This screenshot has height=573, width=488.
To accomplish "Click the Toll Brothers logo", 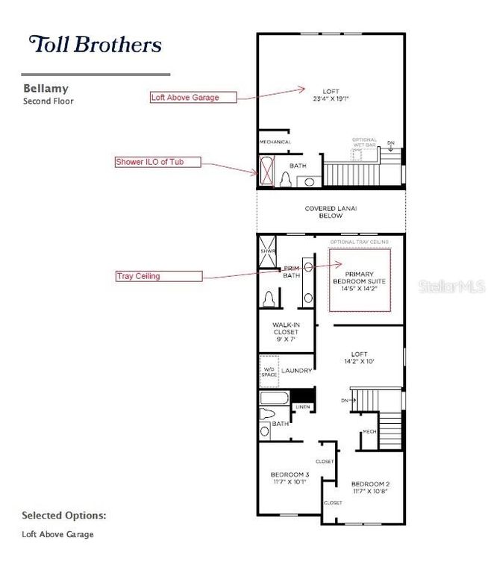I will click(95, 44).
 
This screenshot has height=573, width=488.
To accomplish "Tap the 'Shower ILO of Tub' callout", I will click(157, 161).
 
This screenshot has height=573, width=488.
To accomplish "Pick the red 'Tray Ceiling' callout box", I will click(158, 276).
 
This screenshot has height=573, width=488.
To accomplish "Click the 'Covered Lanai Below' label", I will click(332, 212).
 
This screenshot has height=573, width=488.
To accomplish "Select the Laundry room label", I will click(296, 369).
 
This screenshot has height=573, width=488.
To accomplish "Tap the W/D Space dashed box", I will click(268, 370).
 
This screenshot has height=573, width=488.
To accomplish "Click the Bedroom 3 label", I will click(290, 478).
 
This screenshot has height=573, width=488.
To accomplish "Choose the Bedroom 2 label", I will click(371, 487).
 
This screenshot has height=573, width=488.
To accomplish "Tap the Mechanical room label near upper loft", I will click(275, 142).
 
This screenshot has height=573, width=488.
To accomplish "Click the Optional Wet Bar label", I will click(365, 143).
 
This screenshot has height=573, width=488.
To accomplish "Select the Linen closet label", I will click(302, 407).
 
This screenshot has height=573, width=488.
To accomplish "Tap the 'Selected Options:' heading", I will click(63, 515).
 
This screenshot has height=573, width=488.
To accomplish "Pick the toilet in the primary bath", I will click(269, 298).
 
